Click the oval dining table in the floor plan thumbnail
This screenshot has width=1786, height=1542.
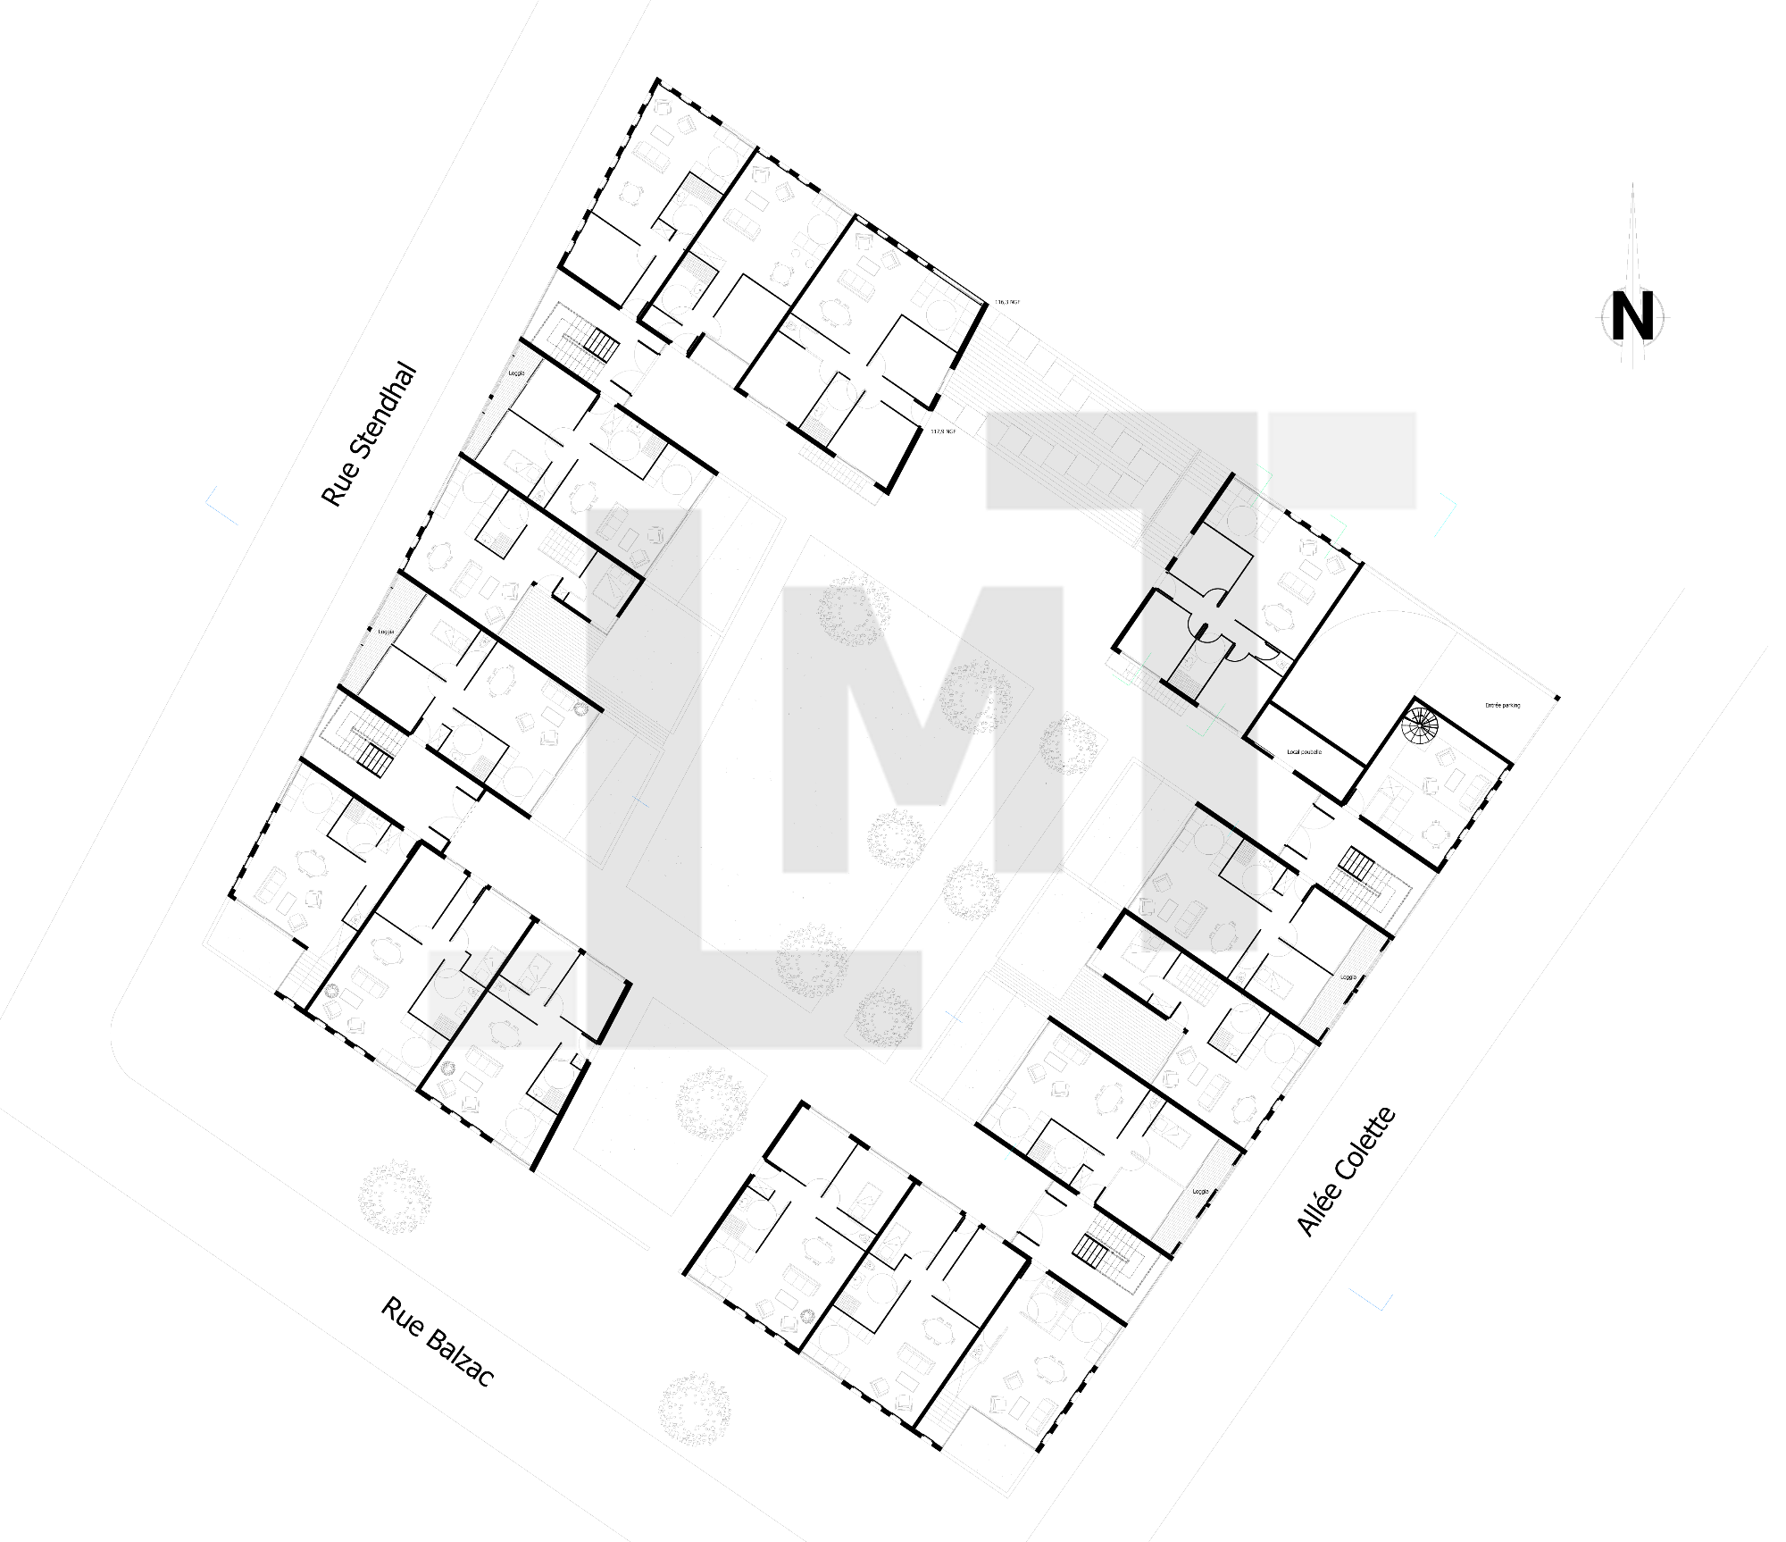pos(505,1035)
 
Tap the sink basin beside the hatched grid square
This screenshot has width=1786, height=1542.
pos(463,1010)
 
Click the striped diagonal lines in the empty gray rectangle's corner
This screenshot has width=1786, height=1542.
pos(1277,504)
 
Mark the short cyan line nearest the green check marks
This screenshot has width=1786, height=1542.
pos(1232,828)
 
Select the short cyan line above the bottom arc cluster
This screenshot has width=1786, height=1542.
pos(1010,1152)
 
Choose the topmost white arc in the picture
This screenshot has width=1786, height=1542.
pos(636,302)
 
